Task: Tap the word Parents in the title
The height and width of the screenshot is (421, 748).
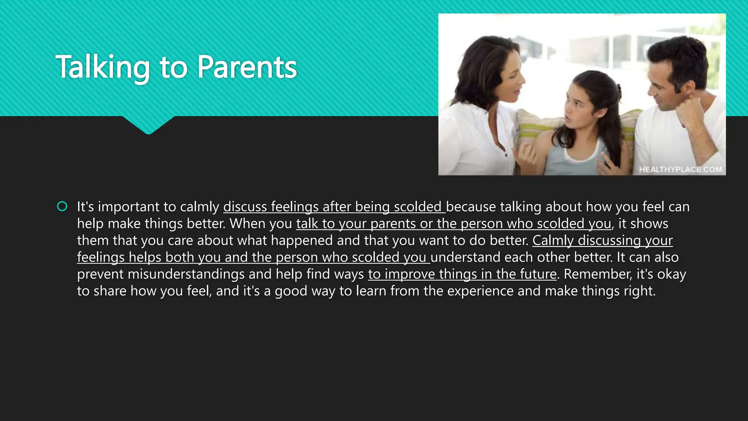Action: coord(247,67)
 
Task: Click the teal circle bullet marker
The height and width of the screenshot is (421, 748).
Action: coord(62,206)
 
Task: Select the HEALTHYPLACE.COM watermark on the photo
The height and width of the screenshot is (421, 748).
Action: coord(680,170)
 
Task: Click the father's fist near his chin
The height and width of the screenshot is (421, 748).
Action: coord(688,112)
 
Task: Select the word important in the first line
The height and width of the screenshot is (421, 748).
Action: coord(128,207)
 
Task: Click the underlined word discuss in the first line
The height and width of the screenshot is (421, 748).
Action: coord(245,207)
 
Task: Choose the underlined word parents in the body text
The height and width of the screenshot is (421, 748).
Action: coord(393,224)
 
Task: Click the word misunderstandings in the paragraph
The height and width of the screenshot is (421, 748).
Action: coord(186,274)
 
